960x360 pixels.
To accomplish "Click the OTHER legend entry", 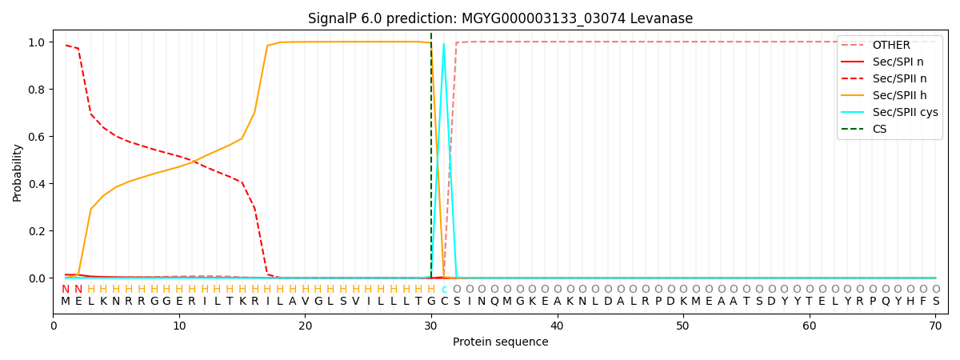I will click(888, 45).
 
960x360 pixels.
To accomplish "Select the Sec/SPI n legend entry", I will click(888, 62).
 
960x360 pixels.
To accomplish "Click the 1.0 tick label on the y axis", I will click(38, 42).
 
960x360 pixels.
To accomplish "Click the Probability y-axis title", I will click(18, 172).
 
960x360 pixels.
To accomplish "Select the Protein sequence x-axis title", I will click(500, 342).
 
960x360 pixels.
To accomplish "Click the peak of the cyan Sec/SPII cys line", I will click(444, 43).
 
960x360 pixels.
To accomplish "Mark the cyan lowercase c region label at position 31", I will click(444, 290).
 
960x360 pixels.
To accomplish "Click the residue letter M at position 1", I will click(66, 302).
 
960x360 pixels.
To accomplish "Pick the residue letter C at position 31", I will click(444, 302).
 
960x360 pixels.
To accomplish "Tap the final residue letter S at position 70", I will click(935, 302).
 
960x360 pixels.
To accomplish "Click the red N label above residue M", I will click(66, 290).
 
